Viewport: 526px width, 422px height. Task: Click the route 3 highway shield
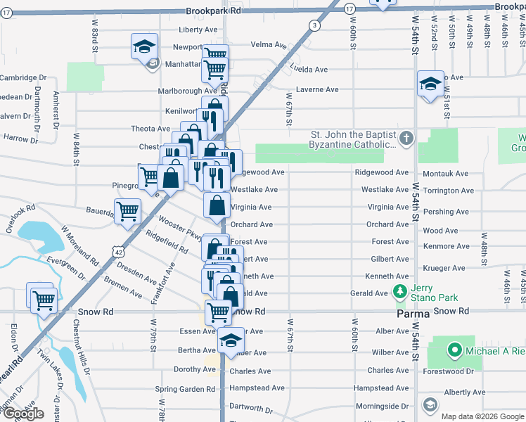pyautogui.click(x=314, y=26)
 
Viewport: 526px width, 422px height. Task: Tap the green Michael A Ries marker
pyautogui.click(x=454, y=350)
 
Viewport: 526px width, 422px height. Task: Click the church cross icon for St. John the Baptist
pyautogui.click(x=406, y=139)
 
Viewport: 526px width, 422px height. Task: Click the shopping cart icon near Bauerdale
pyautogui.click(x=127, y=210)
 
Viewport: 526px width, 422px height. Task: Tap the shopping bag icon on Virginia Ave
pyautogui.click(x=217, y=205)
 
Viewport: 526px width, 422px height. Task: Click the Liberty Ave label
pyautogui.click(x=198, y=30)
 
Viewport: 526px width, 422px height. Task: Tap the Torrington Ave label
pyautogui.click(x=448, y=191)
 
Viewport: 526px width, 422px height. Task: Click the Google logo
pyautogui.click(x=23, y=414)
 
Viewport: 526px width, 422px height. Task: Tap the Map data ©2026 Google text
pyautogui.click(x=482, y=416)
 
